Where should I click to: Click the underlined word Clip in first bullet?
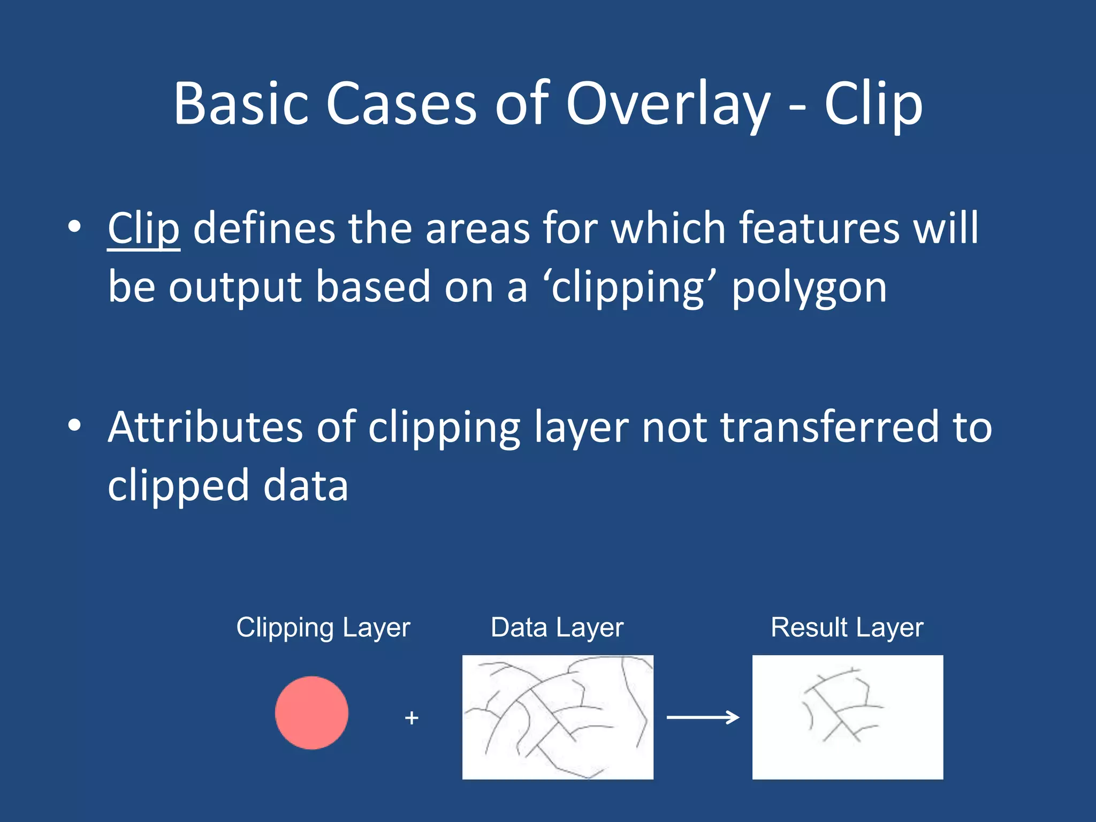pyautogui.click(x=143, y=229)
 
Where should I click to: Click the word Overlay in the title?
pyautogui.click(x=668, y=104)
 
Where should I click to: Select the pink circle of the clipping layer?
pyautogui.click(x=311, y=712)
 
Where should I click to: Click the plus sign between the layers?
pyautogui.click(x=412, y=718)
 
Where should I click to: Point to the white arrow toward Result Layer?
pyautogui.click(x=703, y=717)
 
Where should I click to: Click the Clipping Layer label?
pyautogui.click(x=323, y=628)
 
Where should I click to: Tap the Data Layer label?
pyautogui.click(x=557, y=628)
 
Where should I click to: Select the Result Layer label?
pyautogui.click(x=847, y=628)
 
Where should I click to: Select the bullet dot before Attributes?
pyautogui.click(x=74, y=425)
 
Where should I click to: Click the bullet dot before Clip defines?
pyautogui.click(x=74, y=227)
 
